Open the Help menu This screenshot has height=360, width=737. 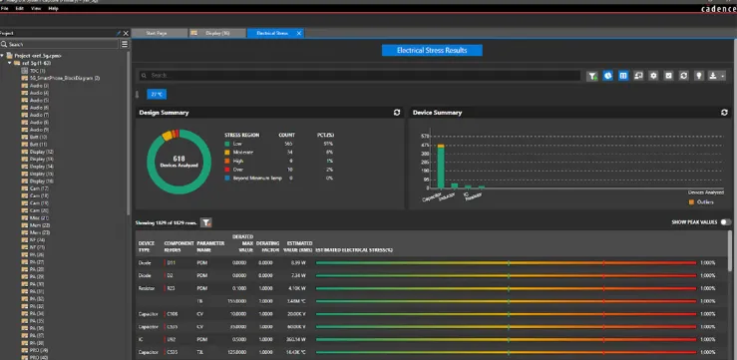53,8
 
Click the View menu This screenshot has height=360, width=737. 36,8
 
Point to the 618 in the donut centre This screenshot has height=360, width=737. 180,159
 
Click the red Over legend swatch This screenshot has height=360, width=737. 228,169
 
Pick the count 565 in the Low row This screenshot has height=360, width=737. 288,144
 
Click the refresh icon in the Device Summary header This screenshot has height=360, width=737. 724,114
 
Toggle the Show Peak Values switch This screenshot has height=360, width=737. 725,222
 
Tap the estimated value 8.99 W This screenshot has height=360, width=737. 297,262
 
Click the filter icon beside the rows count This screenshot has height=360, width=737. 205,223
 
